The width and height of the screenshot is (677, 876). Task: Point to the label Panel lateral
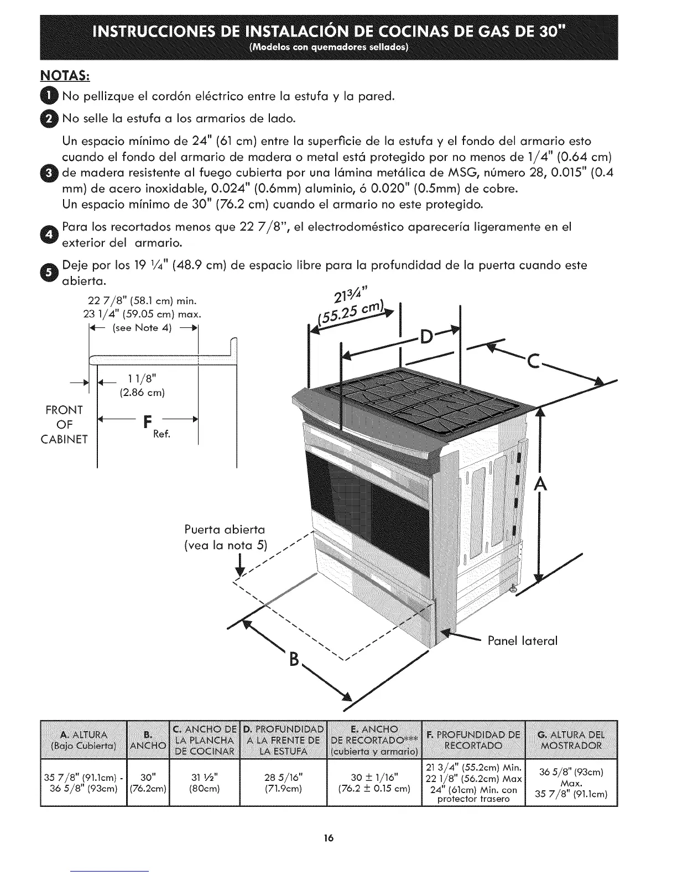tap(523, 641)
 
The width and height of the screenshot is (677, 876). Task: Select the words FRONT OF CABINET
tap(65, 425)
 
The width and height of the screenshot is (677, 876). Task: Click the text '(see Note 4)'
tap(142, 328)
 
